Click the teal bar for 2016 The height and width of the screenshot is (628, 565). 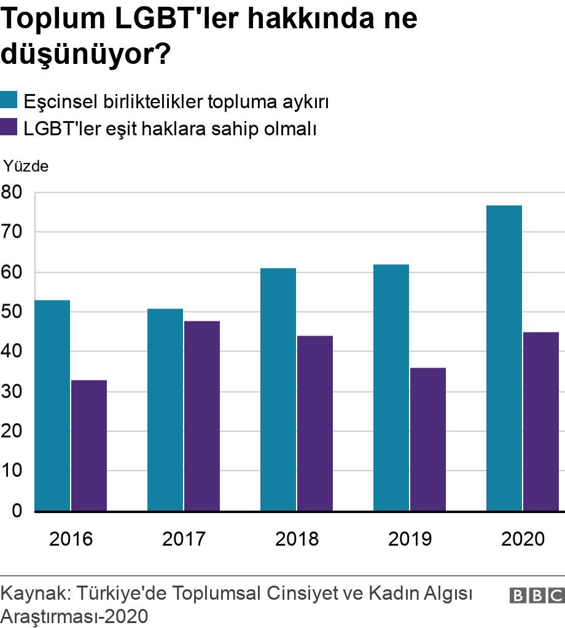pyautogui.click(x=52, y=406)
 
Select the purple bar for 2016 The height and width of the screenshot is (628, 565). pyautogui.click(x=89, y=445)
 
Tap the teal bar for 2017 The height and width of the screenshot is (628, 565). pyautogui.click(x=165, y=410)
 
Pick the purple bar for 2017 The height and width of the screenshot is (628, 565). pyautogui.click(x=202, y=416)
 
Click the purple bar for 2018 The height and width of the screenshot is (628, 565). pyautogui.click(x=315, y=423)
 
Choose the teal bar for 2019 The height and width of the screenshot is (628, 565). pyautogui.click(x=391, y=388)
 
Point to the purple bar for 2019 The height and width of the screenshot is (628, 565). pyautogui.click(x=428, y=439)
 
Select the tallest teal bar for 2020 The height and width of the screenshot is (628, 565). pyautogui.click(x=504, y=358)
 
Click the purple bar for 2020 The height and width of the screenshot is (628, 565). pyautogui.click(x=541, y=422)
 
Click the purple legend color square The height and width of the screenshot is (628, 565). pyautogui.click(x=9, y=128)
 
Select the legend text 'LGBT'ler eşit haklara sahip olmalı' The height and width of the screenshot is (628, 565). pyautogui.click(x=169, y=129)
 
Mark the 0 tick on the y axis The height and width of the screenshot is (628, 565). pyautogui.click(x=15, y=511)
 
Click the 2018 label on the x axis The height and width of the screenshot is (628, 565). pyautogui.click(x=297, y=539)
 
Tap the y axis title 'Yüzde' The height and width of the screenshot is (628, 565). pyautogui.click(x=26, y=166)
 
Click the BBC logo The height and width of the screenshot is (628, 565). pyautogui.click(x=536, y=595)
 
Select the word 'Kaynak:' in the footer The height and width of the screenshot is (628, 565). pyautogui.click(x=35, y=594)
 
